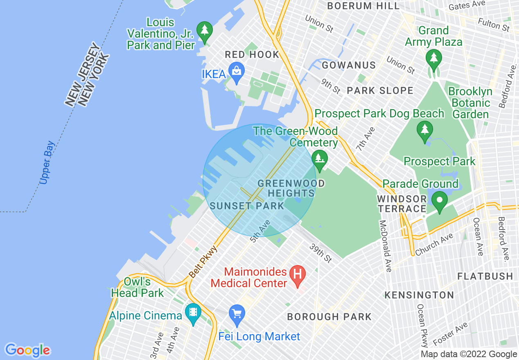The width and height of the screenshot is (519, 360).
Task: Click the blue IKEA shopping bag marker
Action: (x=237, y=72)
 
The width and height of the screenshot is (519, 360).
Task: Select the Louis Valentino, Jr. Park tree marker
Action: (x=204, y=31)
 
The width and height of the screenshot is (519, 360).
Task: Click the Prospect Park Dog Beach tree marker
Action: (x=425, y=130)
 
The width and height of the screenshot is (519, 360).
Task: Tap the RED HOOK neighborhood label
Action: (x=252, y=54)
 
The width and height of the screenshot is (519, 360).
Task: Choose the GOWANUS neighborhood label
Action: (x=349, y=65)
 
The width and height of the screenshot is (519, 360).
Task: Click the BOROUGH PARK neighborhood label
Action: (x=329, y=317)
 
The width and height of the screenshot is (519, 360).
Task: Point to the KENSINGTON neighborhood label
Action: (x=419, y=295)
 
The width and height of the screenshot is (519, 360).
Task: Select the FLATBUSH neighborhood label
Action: (x=485, y=276)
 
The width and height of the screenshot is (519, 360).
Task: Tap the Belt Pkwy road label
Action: (x=203, y=262)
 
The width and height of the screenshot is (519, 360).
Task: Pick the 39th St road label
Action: (x=320, y=253)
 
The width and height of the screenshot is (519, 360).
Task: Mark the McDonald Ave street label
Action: (x=386, y=246)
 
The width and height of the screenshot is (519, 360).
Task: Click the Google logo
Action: (x=27, y=350)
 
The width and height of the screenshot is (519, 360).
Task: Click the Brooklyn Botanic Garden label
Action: (x=471, y=103)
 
